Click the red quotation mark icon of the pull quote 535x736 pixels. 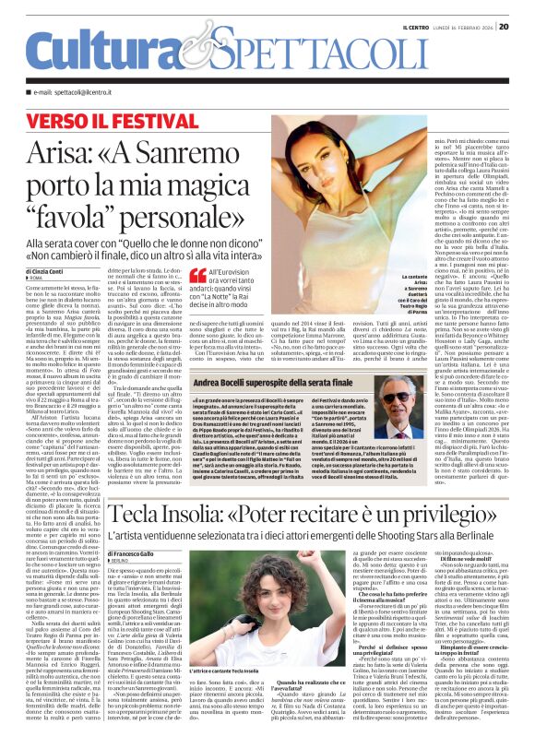pos(196,274)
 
